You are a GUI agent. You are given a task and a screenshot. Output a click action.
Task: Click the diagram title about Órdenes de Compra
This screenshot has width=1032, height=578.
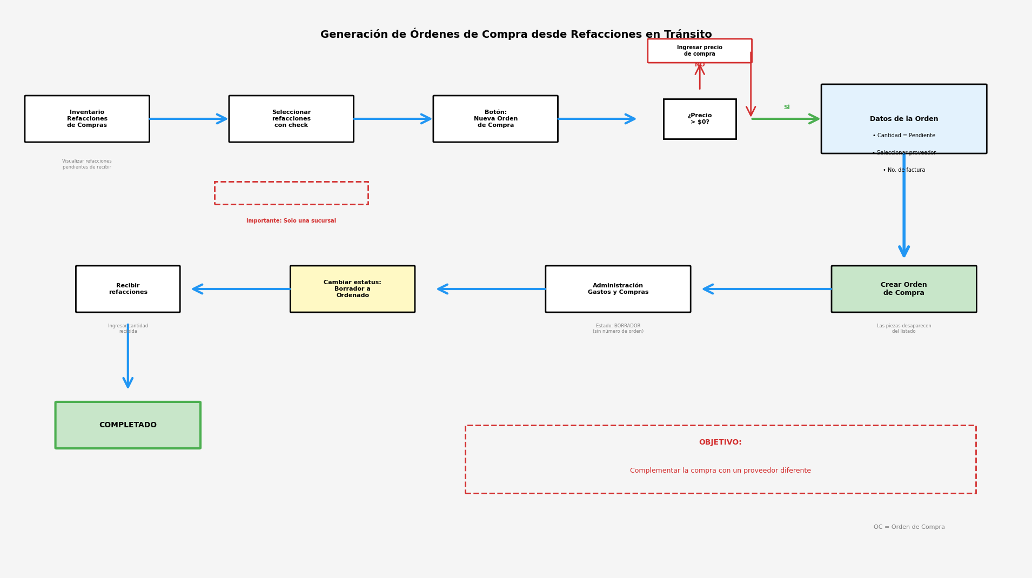pos(516,35)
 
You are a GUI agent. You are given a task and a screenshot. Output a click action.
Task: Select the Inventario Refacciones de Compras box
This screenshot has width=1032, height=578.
pos(87,119)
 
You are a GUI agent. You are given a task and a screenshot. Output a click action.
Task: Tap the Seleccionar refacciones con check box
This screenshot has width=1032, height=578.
pos(291,119)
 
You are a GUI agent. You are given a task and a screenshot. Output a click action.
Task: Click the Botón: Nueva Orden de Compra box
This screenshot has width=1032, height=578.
pos(495,119)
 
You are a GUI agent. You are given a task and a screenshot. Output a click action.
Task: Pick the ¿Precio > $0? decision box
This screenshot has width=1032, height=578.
pos(700,119)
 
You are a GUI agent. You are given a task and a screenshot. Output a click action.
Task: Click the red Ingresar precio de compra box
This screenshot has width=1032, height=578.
pos(700,51)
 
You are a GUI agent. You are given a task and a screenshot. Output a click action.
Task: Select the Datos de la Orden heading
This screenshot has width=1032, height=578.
pos(904,119)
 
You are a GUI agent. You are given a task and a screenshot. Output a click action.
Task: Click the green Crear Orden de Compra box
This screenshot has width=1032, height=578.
pos(904,289)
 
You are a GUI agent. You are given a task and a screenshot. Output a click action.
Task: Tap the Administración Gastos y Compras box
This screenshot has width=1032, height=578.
pos(618,289)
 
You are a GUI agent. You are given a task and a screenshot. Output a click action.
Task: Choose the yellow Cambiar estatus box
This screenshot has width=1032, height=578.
pos(352,289)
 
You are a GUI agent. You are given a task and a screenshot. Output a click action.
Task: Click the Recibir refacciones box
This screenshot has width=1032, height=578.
pos(128,289)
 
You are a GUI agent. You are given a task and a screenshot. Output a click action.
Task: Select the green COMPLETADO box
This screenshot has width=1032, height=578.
pos(128,425)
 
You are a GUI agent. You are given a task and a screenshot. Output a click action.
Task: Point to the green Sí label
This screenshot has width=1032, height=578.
pos(787,107)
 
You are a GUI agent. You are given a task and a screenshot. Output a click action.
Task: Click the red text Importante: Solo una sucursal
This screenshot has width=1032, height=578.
pos(291,221)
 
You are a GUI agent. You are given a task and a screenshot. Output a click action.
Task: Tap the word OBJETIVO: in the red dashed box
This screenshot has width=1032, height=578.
pos(720,442)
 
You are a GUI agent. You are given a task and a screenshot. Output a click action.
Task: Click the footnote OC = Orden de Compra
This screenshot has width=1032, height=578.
pos(909,527)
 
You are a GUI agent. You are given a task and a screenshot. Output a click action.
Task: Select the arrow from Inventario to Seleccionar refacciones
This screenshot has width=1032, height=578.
pos(189,119)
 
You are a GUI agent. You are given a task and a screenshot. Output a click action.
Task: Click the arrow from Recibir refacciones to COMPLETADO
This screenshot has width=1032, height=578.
pos(128,357)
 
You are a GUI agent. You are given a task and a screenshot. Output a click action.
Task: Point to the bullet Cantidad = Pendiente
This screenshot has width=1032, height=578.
pos(904,136)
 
